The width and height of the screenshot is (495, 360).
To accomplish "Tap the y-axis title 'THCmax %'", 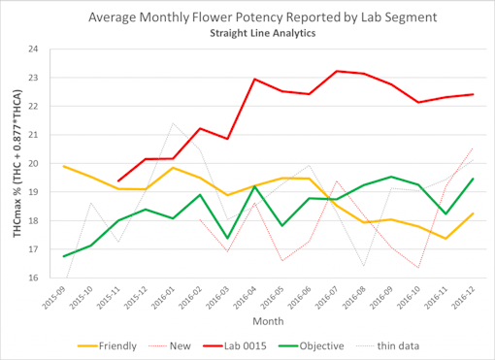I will point(13,163).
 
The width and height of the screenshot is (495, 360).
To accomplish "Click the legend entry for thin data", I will point(419,344).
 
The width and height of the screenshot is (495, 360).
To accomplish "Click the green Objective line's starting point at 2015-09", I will point(63,256).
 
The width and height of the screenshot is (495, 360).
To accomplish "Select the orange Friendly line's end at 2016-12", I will point(473,213).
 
